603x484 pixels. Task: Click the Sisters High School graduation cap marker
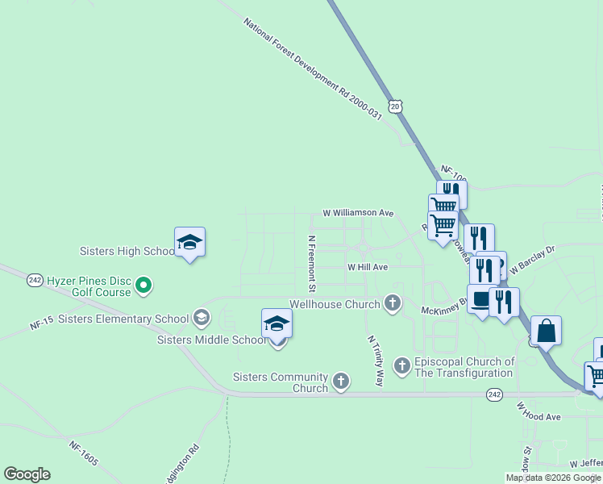189,242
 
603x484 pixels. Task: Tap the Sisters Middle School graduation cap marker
277,323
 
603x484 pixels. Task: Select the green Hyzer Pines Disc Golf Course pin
143,285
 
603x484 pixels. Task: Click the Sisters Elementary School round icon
201,318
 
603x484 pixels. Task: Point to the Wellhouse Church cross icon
393,303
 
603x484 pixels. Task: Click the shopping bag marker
546,331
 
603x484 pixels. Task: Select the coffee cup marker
482,300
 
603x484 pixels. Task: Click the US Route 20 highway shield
394,106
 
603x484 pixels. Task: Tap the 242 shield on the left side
35,280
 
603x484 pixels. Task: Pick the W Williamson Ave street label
358,213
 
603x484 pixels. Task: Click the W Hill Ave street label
368,267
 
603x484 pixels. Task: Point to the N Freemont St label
312,264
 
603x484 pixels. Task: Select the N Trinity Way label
375,361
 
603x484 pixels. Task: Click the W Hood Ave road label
538,411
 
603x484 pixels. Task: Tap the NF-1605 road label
83,453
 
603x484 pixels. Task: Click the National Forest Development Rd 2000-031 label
312,69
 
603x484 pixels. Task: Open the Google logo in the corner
27,474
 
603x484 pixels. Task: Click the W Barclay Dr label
533,260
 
